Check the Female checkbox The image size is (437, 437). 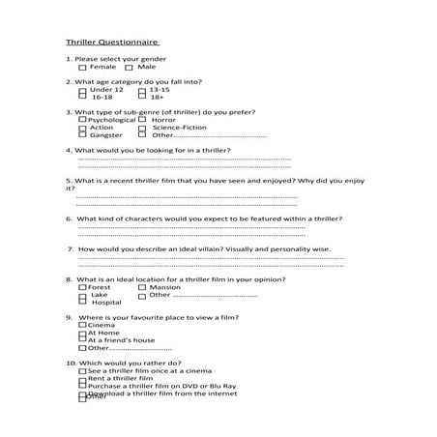point(82,68)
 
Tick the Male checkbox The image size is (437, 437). point(130,68)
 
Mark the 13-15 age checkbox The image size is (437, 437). point(141,90)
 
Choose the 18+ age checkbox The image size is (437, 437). point(141,98)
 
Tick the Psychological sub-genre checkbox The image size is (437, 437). point(70,120)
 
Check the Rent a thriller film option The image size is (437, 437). point(82,379)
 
